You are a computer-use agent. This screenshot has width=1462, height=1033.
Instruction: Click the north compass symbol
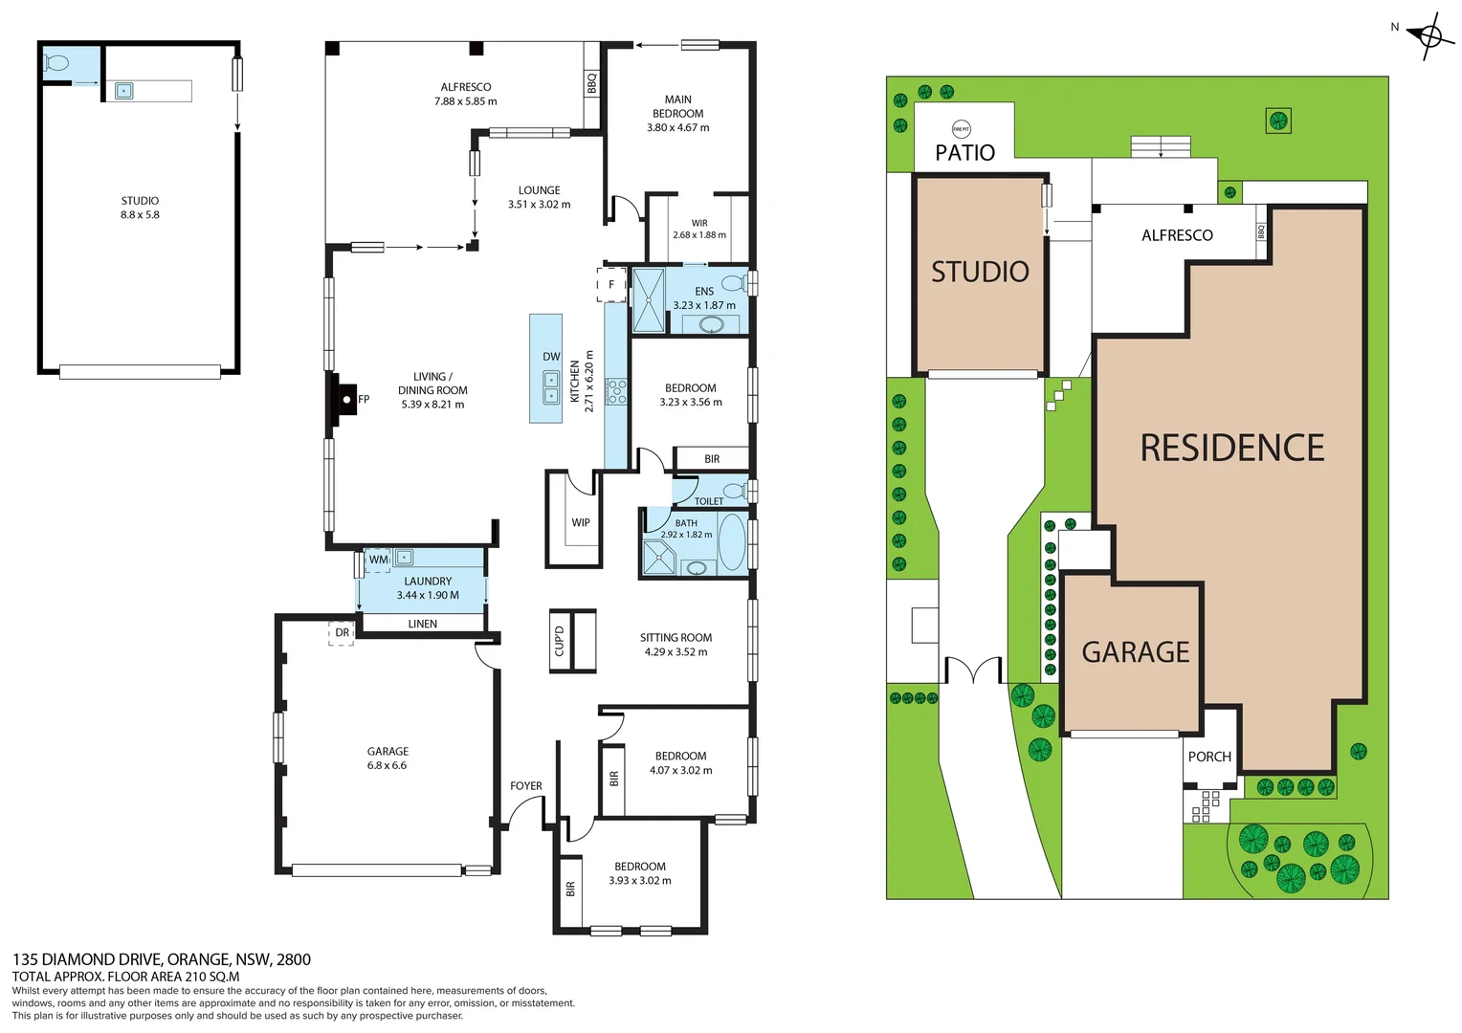(x=1429, y=37)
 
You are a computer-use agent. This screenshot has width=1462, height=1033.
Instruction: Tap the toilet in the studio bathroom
(x=56, y=64)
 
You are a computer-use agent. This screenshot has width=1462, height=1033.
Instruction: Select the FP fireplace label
(x=364, y=400)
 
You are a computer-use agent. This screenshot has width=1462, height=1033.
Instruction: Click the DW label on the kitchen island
(x=551, y=357)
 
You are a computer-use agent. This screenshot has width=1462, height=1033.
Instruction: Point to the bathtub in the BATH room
(x=733, y=542)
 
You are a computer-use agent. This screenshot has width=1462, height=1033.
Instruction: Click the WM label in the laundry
(x=379, y=560)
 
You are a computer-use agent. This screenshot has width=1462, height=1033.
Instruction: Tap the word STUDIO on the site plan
(x=980, y=273)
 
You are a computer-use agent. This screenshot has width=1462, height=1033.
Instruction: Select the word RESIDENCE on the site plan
(x=1232, y=449)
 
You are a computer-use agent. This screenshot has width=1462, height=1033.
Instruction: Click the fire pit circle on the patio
(x=961, y=129)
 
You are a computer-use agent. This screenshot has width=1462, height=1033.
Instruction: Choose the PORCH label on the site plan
(x=1209, y=757)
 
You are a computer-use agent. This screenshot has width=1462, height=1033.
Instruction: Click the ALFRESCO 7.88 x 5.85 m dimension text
(x=466, y=101)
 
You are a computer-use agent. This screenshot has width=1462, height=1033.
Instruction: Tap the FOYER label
(x=526, y=786)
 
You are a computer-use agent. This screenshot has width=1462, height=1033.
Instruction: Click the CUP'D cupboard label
(x=560, y=641)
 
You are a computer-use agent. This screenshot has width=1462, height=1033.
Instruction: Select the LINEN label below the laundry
(x=423, y=624)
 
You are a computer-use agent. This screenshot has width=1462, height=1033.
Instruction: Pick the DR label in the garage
(x=343, y=632)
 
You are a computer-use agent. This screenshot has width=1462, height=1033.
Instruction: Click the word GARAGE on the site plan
(x=1136, y=652)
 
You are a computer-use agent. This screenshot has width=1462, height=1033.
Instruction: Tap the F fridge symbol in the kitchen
(x=611, y=285)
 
